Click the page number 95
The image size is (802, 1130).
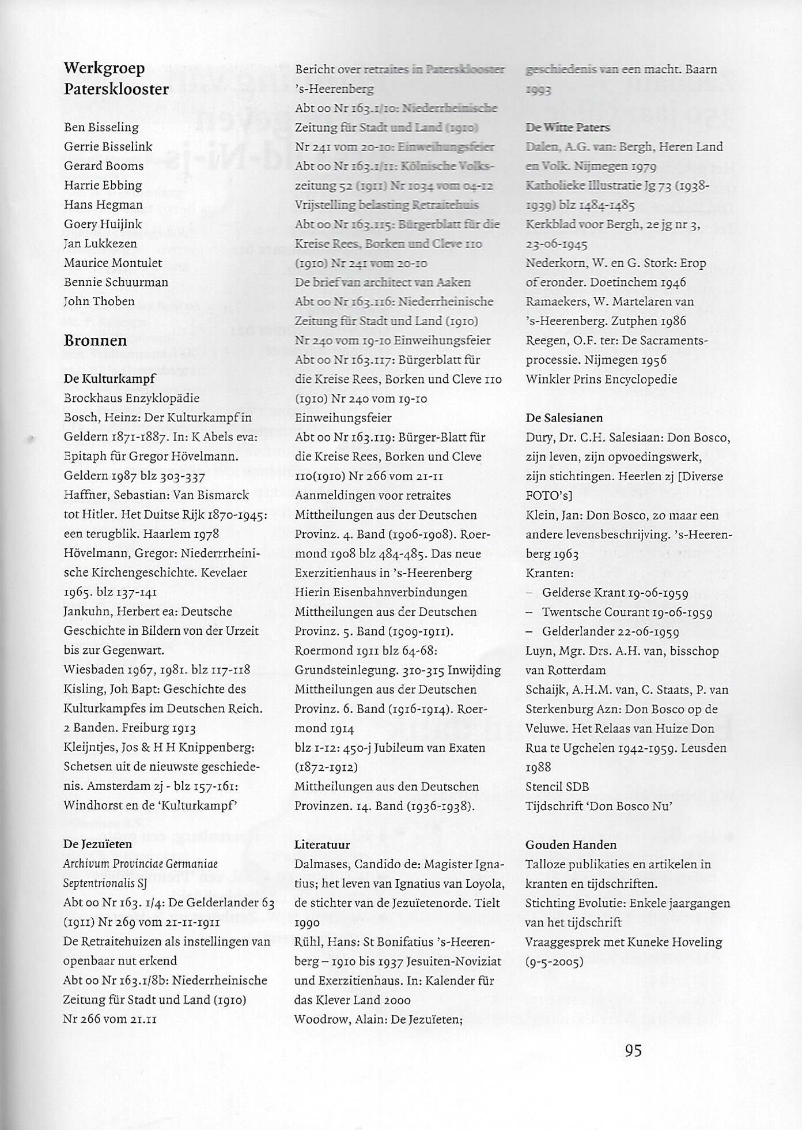[633, 1050]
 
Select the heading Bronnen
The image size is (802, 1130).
[95, 340]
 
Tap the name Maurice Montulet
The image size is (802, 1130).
[113, 263]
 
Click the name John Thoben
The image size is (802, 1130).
[99, 302]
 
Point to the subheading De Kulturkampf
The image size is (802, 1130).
[109, 379]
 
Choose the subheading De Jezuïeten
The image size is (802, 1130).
[97, 844]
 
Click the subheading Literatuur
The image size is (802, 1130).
[322, 845]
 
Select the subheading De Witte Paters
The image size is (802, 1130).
[568, 127]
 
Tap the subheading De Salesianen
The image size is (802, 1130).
[564, 418]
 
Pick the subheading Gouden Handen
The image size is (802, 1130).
[571, 845]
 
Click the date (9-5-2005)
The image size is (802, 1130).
[554, 962]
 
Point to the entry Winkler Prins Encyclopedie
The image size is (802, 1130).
[601, 379]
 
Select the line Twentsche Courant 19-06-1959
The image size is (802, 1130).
[627, 612]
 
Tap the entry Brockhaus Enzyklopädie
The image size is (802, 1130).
[131, 398]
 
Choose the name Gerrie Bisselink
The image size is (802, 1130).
[108, 146]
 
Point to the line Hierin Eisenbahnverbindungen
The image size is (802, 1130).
[381, 593]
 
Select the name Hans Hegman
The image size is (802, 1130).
[103, 205]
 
